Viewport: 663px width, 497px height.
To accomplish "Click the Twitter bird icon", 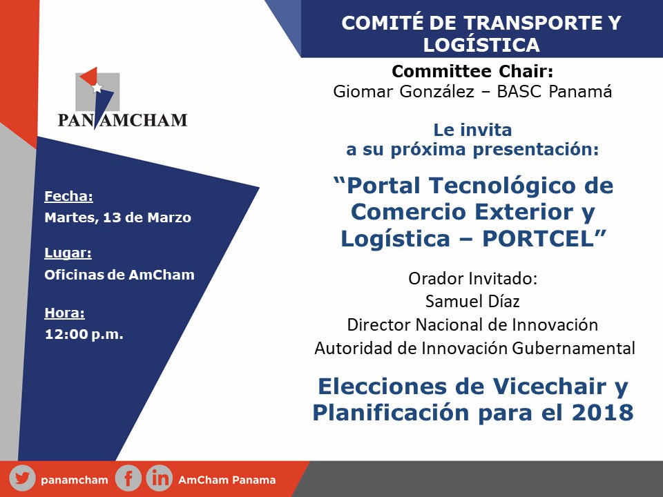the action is click(x=22, y=478).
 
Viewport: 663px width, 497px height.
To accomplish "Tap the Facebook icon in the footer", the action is click(x=128, y=478).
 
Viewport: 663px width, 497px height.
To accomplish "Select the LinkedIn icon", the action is click(x=160, y=478).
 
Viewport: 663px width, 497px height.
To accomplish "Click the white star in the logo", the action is click(x=97, y=88).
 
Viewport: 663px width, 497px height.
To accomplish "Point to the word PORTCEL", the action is click(x=538, y=239).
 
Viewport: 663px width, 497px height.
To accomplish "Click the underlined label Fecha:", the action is click(x=68, y=196).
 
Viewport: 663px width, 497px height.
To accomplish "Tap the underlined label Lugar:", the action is click(x=68, y=253).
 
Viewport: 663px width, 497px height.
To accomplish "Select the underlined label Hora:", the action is click(x=64, y=313).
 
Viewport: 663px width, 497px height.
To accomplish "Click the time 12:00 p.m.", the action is click(x=84, y=334).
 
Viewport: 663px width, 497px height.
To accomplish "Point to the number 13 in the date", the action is click(x=112, y=217).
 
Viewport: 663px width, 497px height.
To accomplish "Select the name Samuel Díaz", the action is click(x=472, y=302).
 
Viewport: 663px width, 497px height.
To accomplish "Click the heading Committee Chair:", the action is click(x=472, y=71).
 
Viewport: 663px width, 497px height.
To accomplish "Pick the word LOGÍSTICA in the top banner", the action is click(x=481, y=45).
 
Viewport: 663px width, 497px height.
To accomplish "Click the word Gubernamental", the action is click(x=573, y=348).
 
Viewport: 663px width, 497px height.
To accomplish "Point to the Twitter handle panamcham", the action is click(x=75, y=480).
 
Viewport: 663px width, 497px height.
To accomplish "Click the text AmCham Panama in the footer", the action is click(x=227, y=480).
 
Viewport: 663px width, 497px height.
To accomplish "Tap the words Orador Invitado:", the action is click(x=472, y=278).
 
